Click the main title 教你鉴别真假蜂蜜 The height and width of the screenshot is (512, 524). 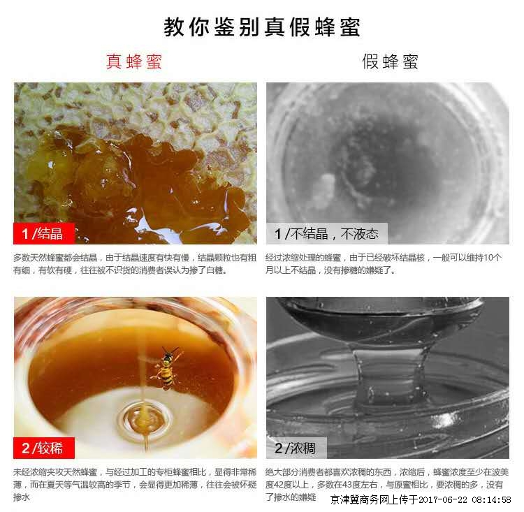[x=262, y=27]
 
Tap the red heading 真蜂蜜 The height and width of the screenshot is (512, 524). [x=134, y=61]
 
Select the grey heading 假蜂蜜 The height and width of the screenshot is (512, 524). [x=390, y=61]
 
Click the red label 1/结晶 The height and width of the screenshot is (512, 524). [x=43, y=233]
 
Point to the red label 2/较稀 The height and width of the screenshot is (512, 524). [x=43, y=448]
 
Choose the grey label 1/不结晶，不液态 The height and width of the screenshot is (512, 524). [x=326, y=233]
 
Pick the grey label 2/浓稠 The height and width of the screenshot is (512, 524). [x=296, y=448]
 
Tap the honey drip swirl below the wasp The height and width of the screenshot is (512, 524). [x=145, y=419]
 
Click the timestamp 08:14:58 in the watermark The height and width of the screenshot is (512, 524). [x=491, y=499]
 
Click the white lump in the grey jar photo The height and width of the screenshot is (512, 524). [x=323, y=186]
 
